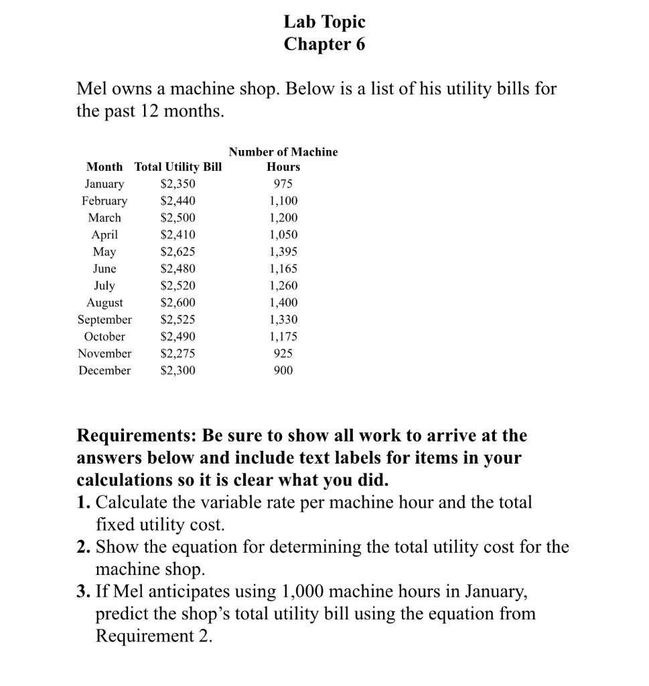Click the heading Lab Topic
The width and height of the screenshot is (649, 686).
[324, 22]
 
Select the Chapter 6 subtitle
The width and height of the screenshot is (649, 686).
[324, 44]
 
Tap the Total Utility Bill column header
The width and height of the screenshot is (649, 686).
[178, 167]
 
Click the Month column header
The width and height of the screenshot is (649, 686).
[104, 167]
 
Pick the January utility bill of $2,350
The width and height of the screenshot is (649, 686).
[178, 184]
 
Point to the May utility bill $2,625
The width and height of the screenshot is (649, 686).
[178, 252]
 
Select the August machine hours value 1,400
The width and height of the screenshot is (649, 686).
[283, 303]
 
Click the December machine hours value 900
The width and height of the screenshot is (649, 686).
[283, 370]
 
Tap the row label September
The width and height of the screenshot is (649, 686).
[104, 320]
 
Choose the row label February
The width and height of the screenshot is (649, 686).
[104, 201]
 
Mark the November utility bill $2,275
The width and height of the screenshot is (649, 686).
[178, 354]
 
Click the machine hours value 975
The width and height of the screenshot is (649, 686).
[283, 184]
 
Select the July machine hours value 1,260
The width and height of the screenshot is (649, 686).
[283, 286]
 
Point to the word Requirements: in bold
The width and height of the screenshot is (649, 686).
[135, 436]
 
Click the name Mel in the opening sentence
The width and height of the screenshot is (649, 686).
[92, 88]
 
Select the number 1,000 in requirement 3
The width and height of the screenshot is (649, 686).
[303, 592]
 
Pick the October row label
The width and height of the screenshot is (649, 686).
[104, 337]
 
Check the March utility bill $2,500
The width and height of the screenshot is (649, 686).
[178, 218]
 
